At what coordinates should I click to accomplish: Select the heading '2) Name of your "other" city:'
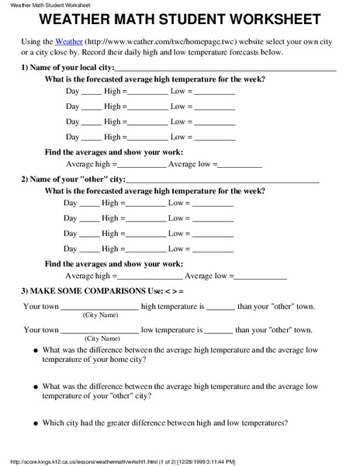tap(73, 179)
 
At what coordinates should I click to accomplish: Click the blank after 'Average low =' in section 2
tap(260, 276)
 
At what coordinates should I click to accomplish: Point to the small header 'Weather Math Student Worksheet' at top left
tap(50, 5)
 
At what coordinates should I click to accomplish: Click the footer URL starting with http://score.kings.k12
tap(93, 461)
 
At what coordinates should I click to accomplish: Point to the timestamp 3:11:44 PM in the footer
tap(301, 461)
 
